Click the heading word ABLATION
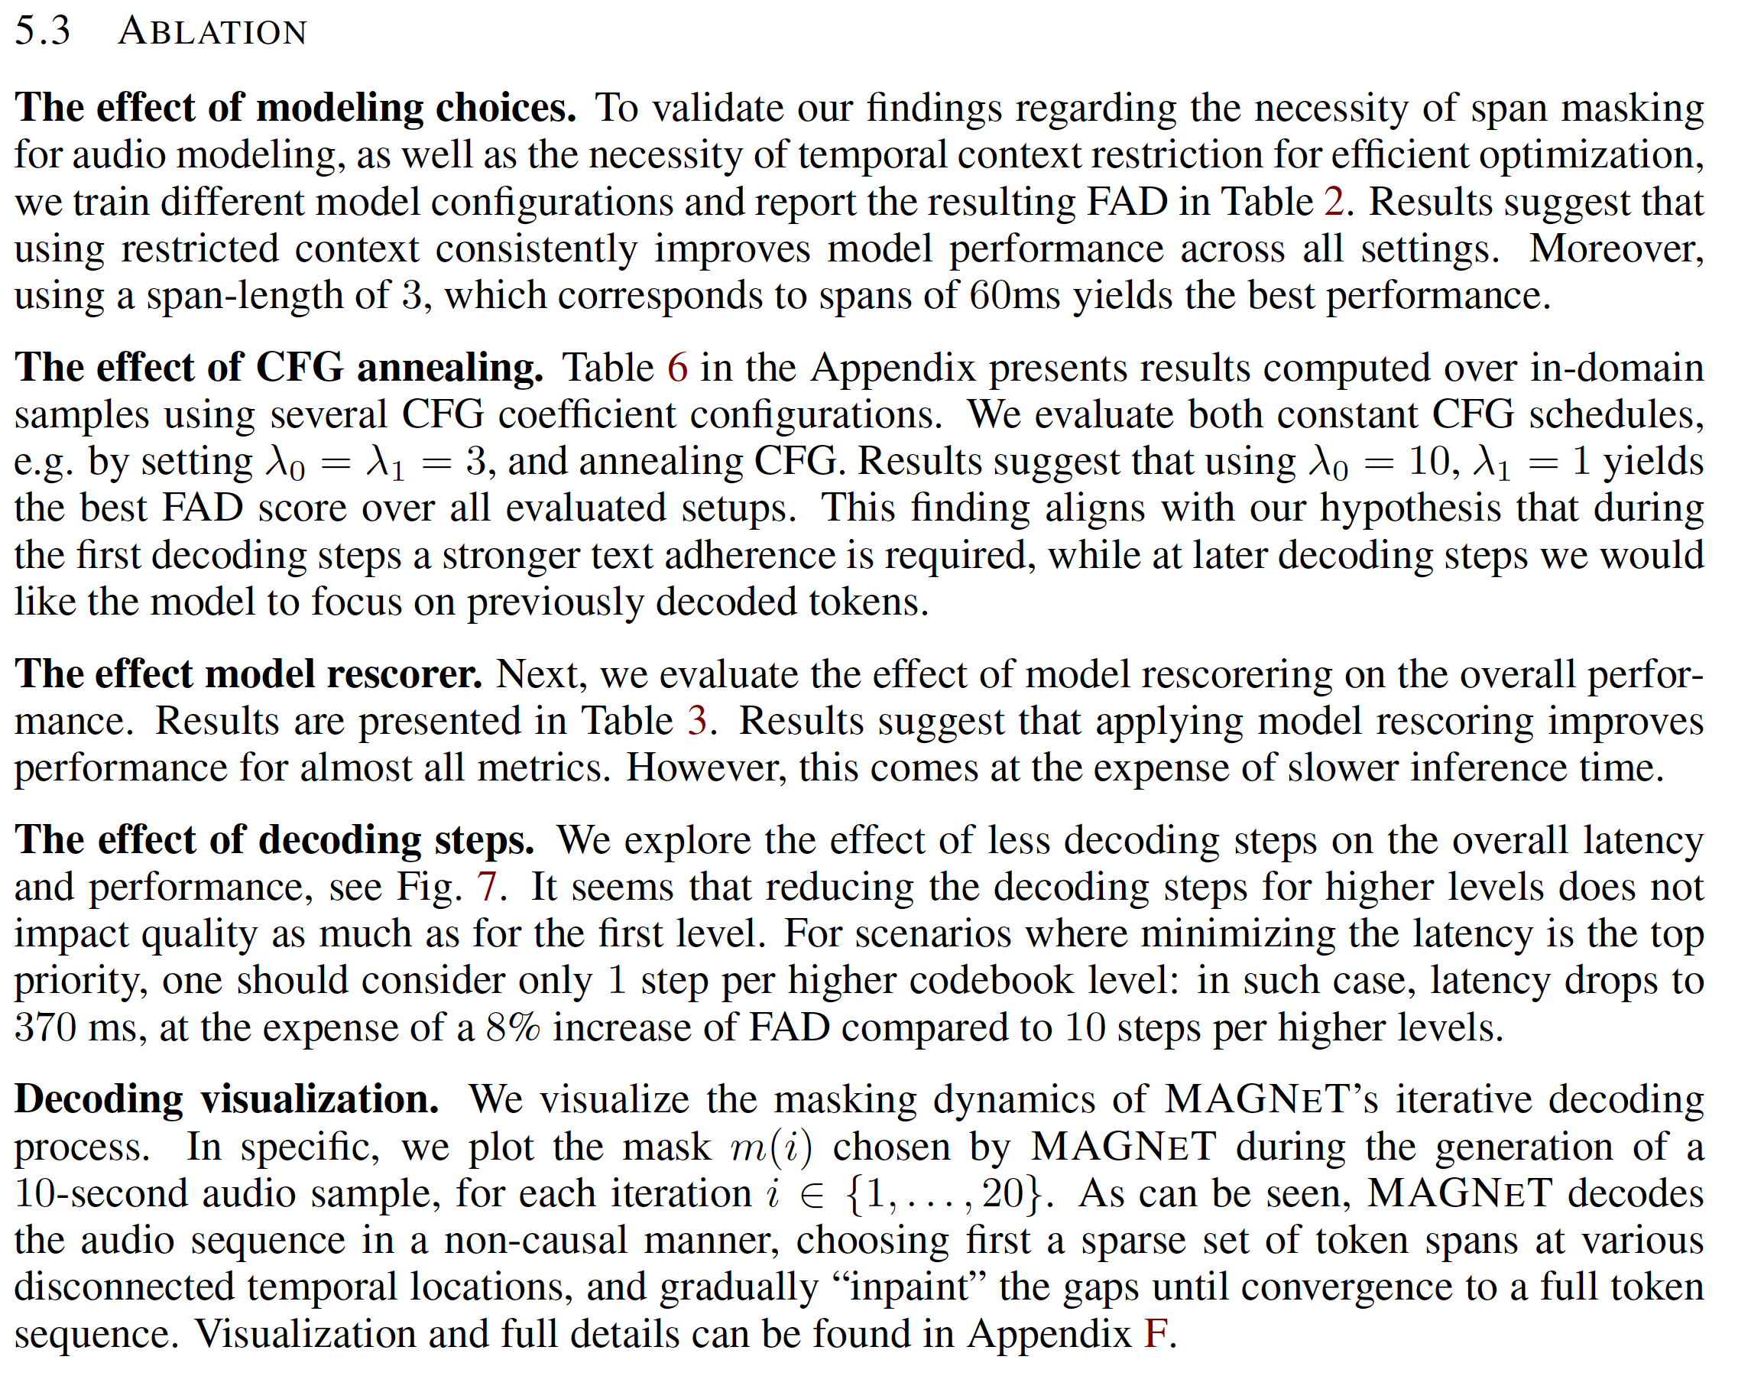point(212,32)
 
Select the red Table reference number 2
point(1334,202)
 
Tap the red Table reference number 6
point(677,368)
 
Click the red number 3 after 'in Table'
point(697,721)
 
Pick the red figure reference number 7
point(486,888)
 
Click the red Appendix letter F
point(1156,1334)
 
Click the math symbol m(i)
point(771,1147)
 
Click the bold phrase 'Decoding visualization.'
point(226,1101)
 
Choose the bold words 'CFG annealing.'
point(400,368)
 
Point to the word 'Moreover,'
point(1616,249)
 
